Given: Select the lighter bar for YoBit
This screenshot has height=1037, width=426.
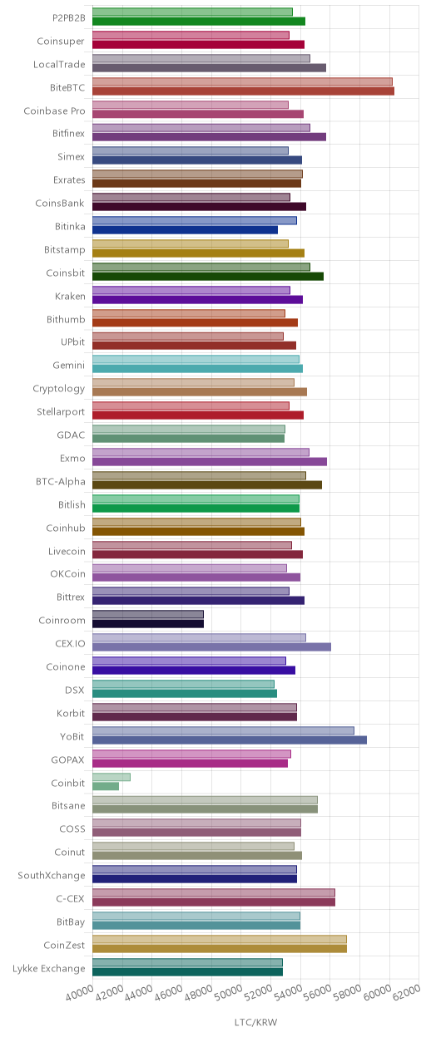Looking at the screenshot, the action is [224, 730].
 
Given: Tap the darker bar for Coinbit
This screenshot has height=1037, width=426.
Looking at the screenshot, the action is [106, 786].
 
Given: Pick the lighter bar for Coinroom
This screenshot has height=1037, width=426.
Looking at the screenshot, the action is [148, 614].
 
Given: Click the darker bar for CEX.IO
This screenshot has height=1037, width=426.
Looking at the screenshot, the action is [212, 646].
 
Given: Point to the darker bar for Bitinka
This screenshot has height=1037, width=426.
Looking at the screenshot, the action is [186, 229].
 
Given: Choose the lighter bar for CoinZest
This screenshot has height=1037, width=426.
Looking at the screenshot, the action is [220, 939].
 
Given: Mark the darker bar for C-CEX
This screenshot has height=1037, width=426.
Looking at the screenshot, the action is [214, 902].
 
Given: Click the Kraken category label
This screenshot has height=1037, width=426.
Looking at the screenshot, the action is [70, 297].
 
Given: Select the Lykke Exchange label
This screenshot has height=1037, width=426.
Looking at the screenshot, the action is [49, 969].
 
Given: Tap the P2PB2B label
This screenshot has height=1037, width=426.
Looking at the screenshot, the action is [68, 18].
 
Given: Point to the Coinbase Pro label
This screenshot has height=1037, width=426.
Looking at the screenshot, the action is [54, 111].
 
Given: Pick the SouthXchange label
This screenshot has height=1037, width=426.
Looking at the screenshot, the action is [52, 876].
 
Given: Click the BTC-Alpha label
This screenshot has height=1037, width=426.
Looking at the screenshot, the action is [61, 481].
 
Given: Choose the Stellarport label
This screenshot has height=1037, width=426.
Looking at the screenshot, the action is [61, 412].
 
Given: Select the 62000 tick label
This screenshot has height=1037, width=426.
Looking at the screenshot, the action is [407, 993].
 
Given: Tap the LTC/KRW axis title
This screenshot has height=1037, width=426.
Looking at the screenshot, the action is [256, 1022].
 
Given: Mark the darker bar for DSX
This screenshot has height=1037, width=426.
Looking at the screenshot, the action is [185, 694].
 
